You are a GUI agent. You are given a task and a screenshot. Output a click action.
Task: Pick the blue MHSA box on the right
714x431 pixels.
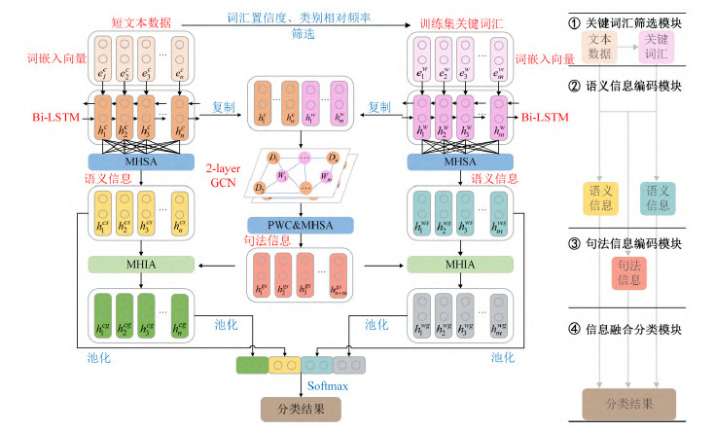pyautogui.click(x=457, y=162)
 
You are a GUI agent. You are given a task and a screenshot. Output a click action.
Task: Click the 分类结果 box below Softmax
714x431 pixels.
pyautogui.click(x=301, y=410)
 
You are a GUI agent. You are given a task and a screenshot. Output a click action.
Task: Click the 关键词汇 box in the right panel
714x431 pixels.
pyautogui.click(x=659, y=44)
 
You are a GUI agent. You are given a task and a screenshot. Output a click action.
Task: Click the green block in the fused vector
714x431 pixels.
pyautogui.click(x=253, y=366)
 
